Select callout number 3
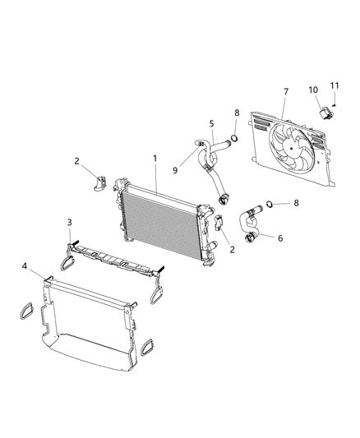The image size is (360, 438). coord(70,222)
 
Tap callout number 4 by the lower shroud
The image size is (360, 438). coord(25,266)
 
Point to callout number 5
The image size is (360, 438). coord(211,124)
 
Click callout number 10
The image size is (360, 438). coord(314,89)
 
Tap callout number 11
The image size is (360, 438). coord(335,85)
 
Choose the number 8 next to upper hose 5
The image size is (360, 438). coord(238,114)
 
